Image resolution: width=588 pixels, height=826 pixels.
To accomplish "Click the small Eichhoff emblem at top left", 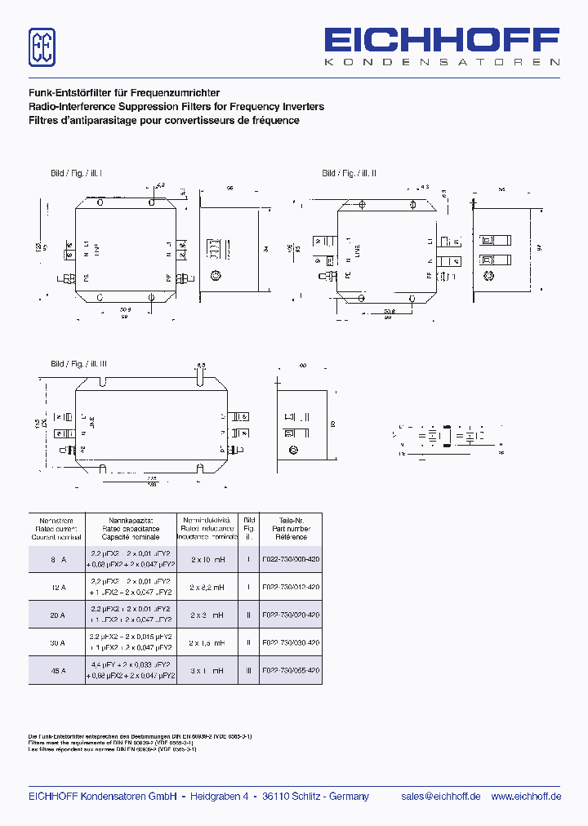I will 42,47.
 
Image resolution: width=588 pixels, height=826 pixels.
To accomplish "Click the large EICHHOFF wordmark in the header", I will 442,41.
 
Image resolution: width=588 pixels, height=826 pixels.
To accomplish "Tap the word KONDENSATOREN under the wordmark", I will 442,62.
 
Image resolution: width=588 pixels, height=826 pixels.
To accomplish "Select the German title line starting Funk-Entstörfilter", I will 124,93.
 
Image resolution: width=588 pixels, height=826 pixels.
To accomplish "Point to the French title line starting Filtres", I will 164,121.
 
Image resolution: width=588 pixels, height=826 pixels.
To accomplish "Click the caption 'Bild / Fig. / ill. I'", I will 76,174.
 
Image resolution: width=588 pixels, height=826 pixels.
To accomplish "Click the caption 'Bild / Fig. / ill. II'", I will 349,174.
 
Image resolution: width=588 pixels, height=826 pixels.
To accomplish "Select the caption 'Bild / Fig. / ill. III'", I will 78,364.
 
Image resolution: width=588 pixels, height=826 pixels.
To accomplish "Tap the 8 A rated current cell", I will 56,559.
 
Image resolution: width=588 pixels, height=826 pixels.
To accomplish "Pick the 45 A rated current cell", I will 56,670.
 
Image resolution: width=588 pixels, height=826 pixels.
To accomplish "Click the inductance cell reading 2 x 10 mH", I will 207,559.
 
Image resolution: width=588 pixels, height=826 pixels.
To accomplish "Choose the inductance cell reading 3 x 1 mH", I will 207,670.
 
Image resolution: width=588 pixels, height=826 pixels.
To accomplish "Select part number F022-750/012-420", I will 291,587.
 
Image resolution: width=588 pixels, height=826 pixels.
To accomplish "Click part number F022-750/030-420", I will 291,642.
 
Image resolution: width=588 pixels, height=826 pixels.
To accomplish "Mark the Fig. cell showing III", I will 249,670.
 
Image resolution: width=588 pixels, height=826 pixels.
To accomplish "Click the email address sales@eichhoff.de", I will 440,797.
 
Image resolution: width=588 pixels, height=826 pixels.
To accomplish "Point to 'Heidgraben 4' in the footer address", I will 219,797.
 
